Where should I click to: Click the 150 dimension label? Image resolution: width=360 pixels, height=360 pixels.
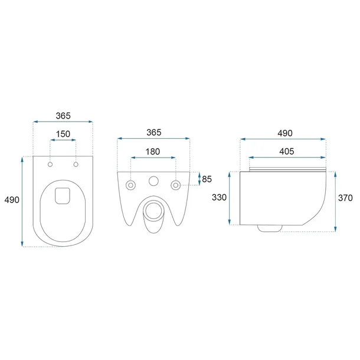pyautogui.click(x=63, y=134)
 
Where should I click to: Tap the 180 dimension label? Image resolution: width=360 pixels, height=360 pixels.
pyautogui.click(x=153, y=152)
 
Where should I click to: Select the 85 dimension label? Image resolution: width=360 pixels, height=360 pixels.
pyautogui.click(x=207, y=179)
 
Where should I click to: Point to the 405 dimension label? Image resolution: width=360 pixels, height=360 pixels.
pyautogui.click(x=287, y=151)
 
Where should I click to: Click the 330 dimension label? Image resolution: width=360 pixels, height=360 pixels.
pyautogui.click(x=219, y=197)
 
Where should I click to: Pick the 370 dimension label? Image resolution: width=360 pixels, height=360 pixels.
pyautogui.click(x=345, y=198)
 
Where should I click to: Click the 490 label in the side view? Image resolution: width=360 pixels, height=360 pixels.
pyautogui.click(x=285, y=133)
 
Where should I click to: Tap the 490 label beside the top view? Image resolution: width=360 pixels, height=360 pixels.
pyautogui.click(x=12, y=200)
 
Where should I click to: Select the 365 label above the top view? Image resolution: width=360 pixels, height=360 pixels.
pyautogui.click(x=63, y=116)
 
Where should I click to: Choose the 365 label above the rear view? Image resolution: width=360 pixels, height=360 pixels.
pyautogui.click(x=154, y=132)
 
